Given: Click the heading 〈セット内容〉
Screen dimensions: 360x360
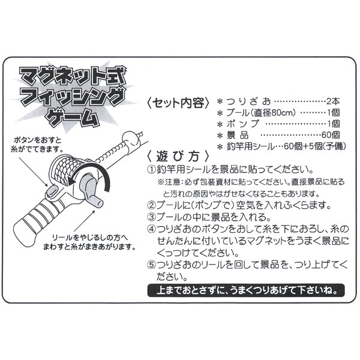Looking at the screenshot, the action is [x=178, y=103].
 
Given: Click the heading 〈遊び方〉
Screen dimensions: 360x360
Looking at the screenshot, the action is [x=178, y=157].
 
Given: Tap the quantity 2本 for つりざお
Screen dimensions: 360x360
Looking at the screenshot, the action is [x=333, y=101].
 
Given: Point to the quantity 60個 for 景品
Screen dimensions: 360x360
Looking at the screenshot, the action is [x=331, y=135].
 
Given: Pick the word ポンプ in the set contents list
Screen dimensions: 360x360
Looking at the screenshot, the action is [x=242, y=124].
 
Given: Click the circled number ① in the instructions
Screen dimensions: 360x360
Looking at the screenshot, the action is [x=152, y=170].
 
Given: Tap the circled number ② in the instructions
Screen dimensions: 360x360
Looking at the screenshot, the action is [x=152, y=205].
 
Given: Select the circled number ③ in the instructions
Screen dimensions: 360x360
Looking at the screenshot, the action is [x=152, y=217].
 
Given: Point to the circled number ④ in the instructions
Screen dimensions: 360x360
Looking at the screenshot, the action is [x=152, y=229].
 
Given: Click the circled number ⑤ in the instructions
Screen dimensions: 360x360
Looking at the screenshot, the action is [x=152, y=265].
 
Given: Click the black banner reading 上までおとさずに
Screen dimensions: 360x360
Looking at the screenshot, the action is [x=246, y=290].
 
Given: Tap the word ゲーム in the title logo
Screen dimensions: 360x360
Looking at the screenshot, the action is [x=73, y=118].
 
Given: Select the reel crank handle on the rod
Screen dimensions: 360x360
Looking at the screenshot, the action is [x=91, y=191].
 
